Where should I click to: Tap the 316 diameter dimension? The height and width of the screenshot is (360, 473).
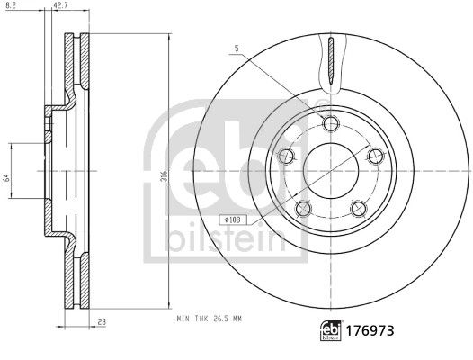(x=164, y=177)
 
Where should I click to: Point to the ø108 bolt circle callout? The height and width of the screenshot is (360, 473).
(x=229, y=217)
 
